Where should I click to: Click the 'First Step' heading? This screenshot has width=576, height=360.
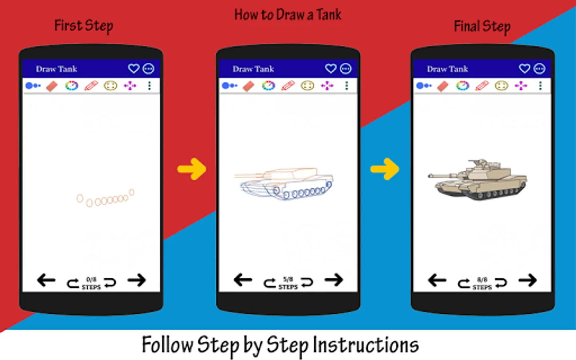(x=84, y=26)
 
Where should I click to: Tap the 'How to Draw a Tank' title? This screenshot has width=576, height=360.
(x=288, y=15)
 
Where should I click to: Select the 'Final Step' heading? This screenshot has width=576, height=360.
(x=482, y=27)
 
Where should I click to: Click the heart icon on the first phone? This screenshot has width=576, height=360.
(x=134, y=69)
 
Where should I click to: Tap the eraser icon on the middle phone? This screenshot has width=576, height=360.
(x=249, y=86)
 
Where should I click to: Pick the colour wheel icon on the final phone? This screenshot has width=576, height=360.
(x=462, y=86)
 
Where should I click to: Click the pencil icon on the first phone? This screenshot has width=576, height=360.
(x=91, y=86)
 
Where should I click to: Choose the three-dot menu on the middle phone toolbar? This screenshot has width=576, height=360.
(x=346, y=86)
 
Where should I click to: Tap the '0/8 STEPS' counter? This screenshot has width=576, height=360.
(x=91, y=283)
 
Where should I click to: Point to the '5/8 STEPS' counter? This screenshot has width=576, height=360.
(x=288, y=283)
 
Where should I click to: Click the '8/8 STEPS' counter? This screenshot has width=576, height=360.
(x=482, y=283)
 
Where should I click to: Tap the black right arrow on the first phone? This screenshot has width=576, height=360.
(x=137, y=280)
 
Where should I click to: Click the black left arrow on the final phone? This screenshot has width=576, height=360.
(x=437, y=280)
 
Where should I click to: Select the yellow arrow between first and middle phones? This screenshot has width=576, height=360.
(x=192, y=169)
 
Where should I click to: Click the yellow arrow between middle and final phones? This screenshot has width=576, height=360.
(x=385, y=169)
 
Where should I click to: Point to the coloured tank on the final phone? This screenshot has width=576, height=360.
(x=478, y=180)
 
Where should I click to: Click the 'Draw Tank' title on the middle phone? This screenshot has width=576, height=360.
(x=253, y=69)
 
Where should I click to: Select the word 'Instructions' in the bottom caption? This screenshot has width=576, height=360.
(x=366, y=345)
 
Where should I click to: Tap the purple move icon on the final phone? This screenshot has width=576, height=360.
(x=521, y=86)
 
